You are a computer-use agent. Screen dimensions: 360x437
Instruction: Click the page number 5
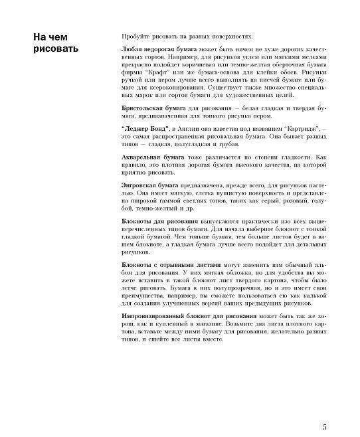[x=323, y=409]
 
